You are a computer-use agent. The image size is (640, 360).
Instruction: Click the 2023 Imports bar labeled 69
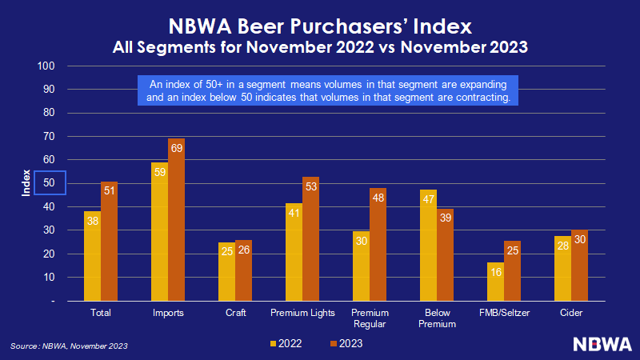[176, 219]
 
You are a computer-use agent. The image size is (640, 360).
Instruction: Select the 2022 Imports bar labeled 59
[159, 231]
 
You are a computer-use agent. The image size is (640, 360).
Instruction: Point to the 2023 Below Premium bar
[445, 255]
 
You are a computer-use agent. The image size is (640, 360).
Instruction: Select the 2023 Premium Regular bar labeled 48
[378, 244]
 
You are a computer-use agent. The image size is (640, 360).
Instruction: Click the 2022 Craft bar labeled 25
[226, 271]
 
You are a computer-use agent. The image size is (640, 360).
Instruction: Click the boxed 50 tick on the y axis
[49, 183]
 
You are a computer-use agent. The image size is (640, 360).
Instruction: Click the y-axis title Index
[26, 183]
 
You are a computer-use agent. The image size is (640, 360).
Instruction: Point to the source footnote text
[69, 346]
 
